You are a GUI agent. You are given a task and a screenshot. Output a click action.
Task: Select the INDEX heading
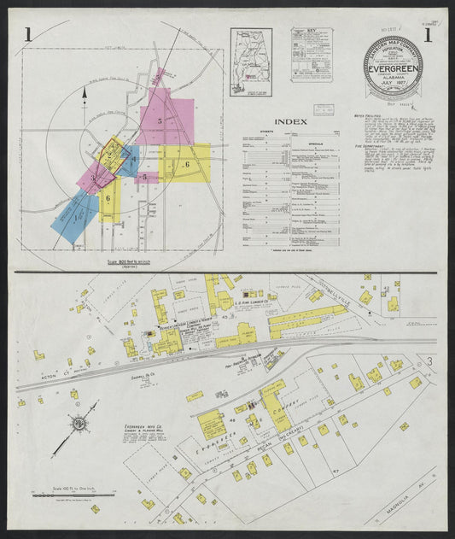[x=286, y=121]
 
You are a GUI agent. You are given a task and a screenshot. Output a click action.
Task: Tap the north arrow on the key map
[x=85, y=101]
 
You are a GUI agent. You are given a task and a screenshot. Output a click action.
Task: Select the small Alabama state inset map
[x=251, y=62]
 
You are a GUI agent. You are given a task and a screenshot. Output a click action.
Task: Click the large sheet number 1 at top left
[x=29, y=35]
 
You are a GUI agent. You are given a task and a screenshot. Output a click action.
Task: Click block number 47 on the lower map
[x=335, y=472]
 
